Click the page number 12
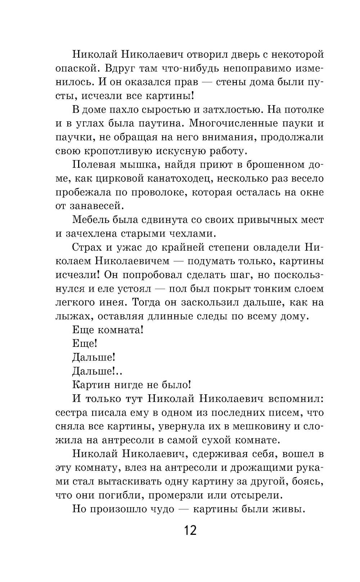tap(190, 530)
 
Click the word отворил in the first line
tap(212, 54)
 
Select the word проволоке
tap(159, 192)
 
